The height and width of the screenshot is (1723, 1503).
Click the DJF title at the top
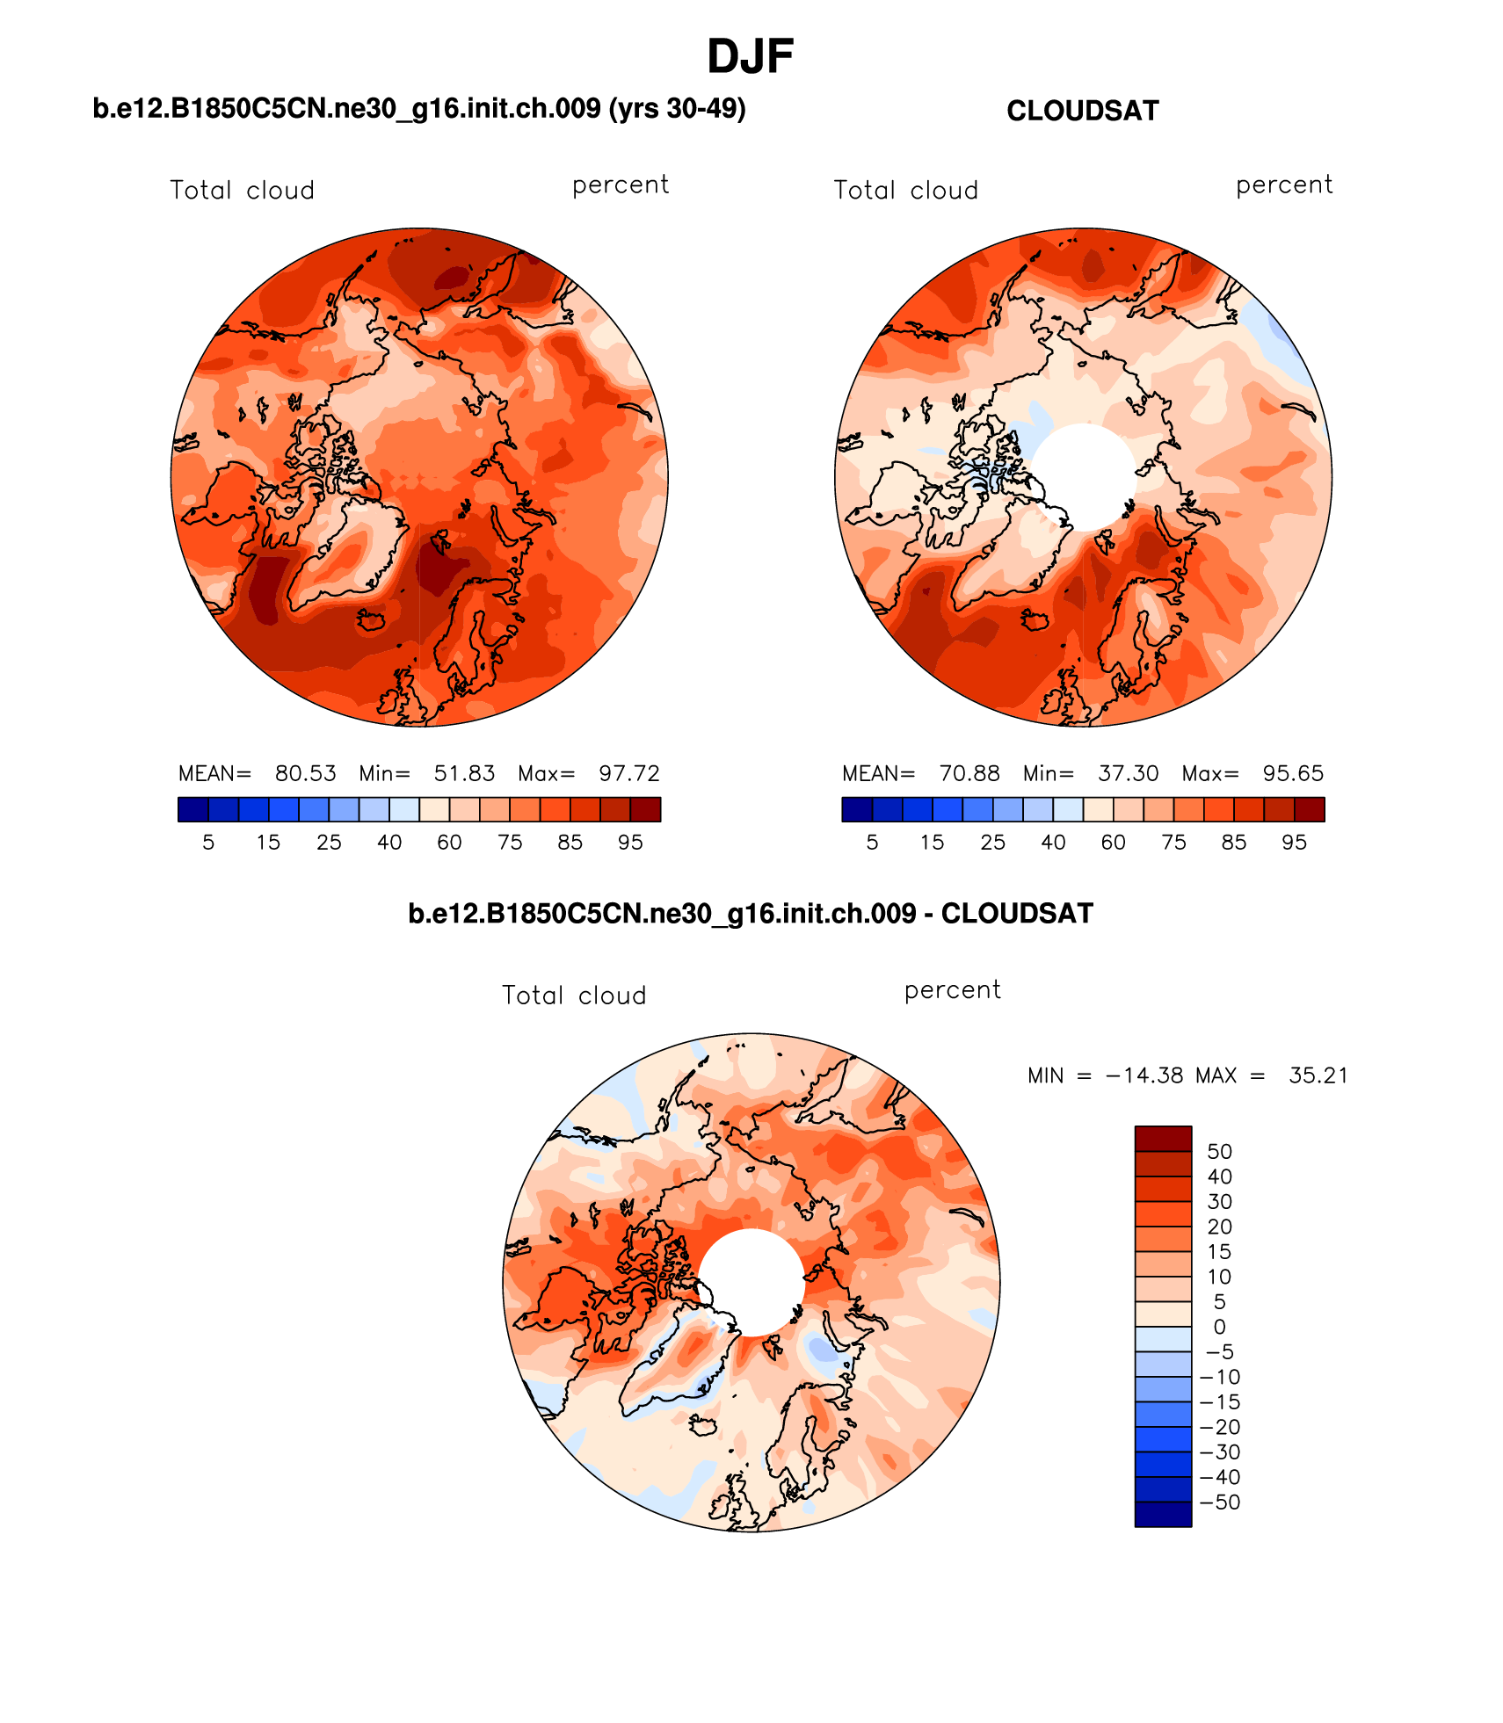coord(750,57)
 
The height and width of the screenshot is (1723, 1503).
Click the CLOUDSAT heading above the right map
coord(1082,111)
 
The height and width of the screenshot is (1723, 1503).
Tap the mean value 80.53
coord(305,773)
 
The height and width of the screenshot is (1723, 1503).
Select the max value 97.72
coord(628,773)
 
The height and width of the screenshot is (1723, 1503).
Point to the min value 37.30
coord(1128,773)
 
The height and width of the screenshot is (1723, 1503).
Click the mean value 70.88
coord(969,773)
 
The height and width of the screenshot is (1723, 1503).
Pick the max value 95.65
coord(1292,773)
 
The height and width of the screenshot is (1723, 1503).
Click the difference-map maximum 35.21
coord(1318,1075)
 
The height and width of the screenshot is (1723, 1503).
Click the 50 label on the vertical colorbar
coord(1219,1151)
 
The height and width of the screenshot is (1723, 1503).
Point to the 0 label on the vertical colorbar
coord(1219,1327)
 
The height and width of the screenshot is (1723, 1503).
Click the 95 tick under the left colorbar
coord(630,843)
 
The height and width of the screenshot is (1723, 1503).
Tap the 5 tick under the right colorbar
coord(872,843)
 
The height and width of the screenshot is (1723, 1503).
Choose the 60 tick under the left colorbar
coord(449,843)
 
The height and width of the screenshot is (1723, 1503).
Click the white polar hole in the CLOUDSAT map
coord(1084,476)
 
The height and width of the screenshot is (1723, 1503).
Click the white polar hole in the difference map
coord(751,1282)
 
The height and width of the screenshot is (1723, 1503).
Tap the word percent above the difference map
coord(952,990)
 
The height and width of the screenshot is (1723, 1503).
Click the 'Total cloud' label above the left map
coord(242,191)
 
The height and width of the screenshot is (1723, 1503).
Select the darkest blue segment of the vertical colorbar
coord(1163,1514)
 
